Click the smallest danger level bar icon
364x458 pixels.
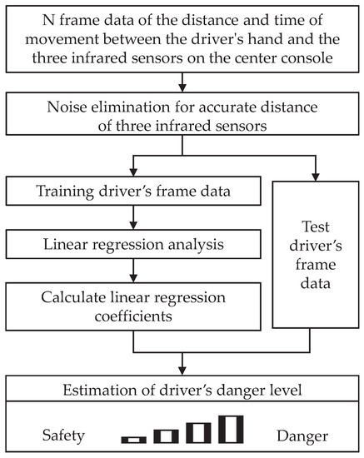133,438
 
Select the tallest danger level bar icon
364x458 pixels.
231,429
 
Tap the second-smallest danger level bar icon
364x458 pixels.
166,435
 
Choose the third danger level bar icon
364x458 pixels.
198,431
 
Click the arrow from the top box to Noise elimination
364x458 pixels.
182,81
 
